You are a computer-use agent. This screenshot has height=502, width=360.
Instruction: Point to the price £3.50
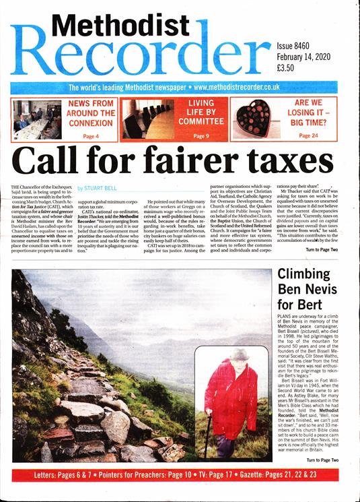[x=287, y=68]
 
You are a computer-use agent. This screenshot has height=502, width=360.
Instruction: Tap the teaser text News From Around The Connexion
[x=91, y=114]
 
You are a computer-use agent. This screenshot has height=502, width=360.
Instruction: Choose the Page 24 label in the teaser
[x=309, y=136]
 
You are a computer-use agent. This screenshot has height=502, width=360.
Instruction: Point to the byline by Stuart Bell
[x=99, y=189]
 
